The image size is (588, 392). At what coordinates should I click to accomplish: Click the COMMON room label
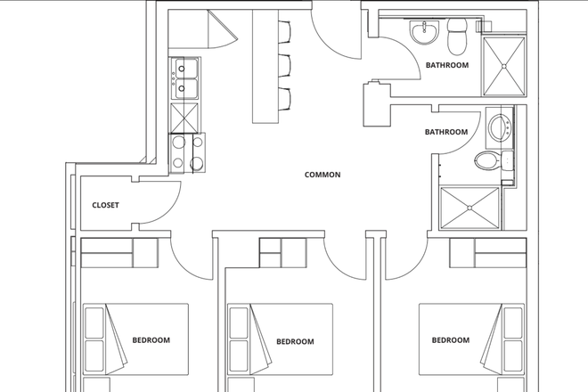[x=323, y=175]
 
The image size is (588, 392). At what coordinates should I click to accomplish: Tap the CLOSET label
[x=105, y=205]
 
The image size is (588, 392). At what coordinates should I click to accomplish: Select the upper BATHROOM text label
[x=446, y=65]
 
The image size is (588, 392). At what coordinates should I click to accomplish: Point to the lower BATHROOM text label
[x=445, y=132]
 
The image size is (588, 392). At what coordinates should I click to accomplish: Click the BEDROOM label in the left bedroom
[x=151, y=339]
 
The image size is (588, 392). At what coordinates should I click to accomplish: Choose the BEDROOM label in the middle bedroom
[x=295, y=341]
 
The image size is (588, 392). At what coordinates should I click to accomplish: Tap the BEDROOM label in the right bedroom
[x=450, y=339]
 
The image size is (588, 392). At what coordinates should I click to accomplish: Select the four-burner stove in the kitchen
[x=187, y=151]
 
